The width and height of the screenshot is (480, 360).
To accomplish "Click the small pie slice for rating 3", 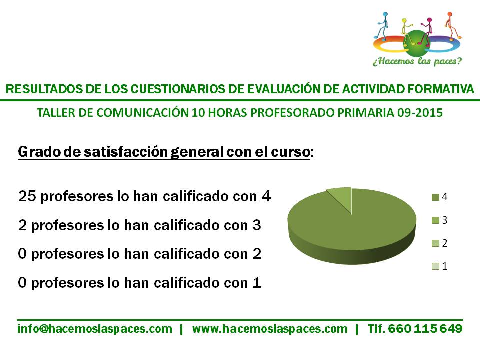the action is click(341, 197).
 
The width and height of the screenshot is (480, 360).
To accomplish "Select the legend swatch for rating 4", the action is click(435, 197).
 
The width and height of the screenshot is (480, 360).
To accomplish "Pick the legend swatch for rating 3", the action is click(435, 220).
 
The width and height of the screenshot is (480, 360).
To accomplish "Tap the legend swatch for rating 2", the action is click(435, 243).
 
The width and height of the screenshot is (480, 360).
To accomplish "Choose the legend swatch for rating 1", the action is click(435, 266).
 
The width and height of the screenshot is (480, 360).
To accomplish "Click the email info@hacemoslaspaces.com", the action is click(95, 329).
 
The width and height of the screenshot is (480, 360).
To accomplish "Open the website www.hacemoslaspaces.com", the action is click(270, 329).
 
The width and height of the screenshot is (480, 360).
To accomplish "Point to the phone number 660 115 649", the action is click(425, 329).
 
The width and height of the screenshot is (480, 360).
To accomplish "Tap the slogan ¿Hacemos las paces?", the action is click(417, 61).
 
